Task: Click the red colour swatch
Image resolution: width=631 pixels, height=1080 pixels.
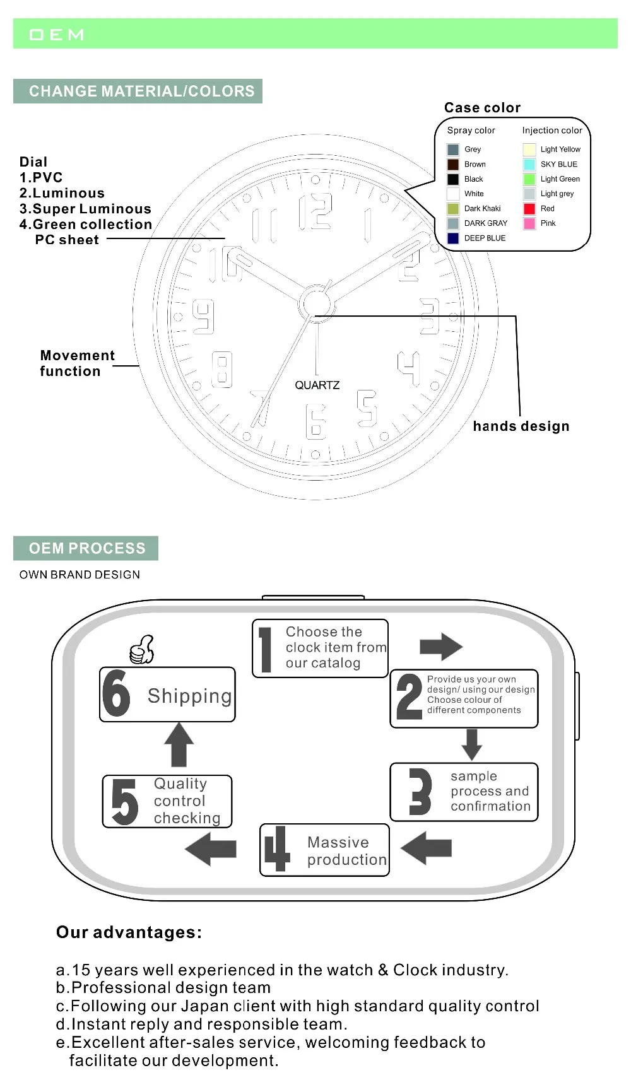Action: click(529, 209)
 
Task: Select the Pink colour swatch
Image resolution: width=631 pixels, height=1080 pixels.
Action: click(529, 223)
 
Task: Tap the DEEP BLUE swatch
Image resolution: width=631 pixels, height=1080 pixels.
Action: click(453, 238)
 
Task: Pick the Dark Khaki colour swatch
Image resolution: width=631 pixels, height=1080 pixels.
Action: click(453, 209)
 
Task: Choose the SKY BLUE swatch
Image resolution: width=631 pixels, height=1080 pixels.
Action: click(529, 165)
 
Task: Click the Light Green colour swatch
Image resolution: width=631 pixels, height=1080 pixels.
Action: click(529, 179)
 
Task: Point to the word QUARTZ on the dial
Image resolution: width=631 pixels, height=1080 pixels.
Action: click(317, 385)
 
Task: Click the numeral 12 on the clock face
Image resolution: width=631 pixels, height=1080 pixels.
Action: click(315, 211)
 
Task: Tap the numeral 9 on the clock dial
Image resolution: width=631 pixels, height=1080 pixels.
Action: click(203, 317)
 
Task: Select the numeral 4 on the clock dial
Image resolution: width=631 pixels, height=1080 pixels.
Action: click(409, 368)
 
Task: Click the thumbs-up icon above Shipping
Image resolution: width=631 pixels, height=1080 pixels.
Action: click(142, 650)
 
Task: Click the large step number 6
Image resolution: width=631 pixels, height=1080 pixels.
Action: click(117, 693)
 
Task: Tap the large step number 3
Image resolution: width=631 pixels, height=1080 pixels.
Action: click(420, 791)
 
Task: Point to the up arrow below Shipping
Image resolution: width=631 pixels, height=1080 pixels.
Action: click(179, 744)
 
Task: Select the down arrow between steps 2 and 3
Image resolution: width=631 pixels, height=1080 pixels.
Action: click(472, 744)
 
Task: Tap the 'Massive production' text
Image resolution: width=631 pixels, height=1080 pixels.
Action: click(346, 851)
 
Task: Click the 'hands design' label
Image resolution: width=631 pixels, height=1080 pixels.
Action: click(521, 426)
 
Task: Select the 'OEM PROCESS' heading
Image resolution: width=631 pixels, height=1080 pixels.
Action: click(86, 549)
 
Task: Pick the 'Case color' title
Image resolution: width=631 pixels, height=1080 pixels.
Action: click(482, 108)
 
